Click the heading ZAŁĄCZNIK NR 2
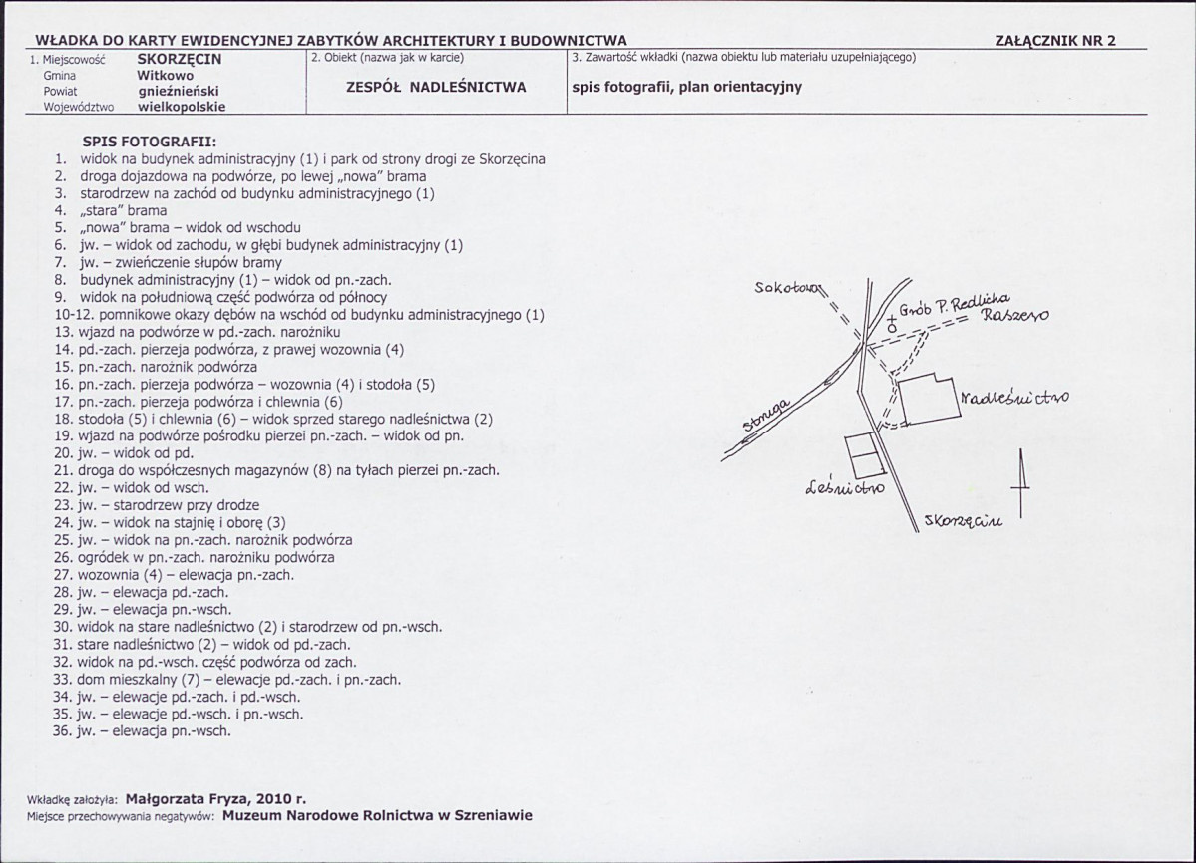click(x=1055, y=41)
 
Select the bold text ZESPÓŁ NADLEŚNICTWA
click(x=435, y=87)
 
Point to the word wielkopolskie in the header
click(x=182, y=106)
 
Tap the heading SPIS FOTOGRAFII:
click(x=150, y=142)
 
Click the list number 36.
click(x=63, y=730)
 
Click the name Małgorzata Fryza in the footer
click(x=189, y=798)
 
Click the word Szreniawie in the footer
click(x=494, y=815)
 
